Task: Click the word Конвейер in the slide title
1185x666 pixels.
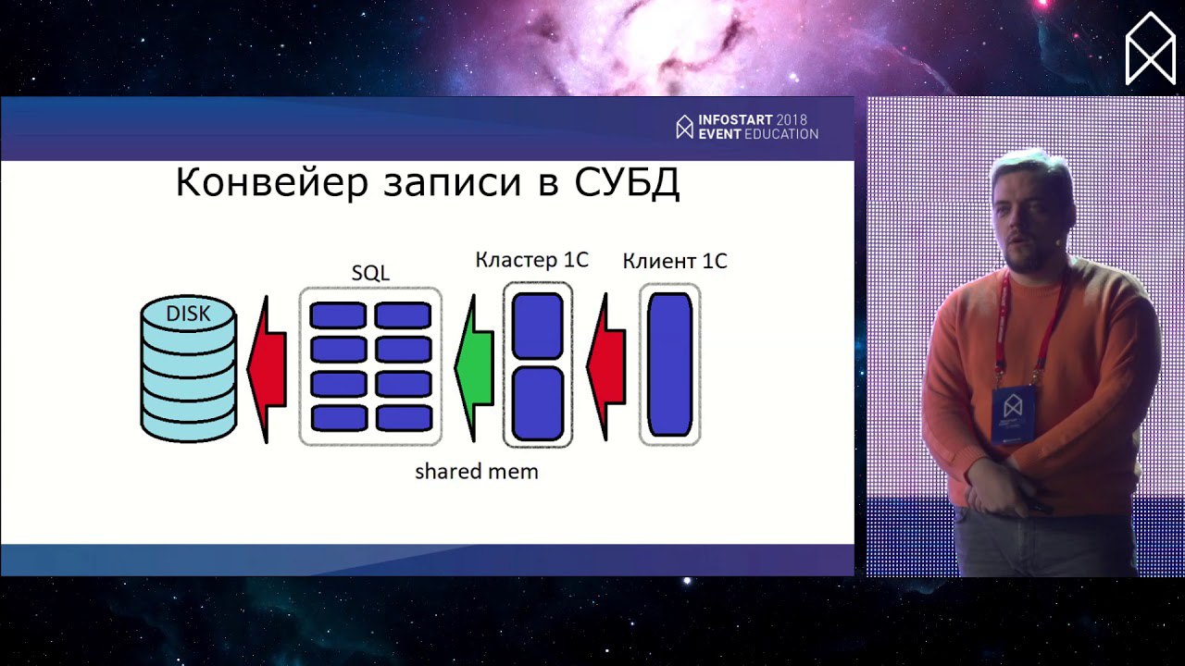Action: [x=272, y=182]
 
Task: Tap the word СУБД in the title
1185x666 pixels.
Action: [x=628, y=183]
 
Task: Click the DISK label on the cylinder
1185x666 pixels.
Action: [x=188, y=314]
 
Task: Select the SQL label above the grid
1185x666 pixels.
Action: [x=370, y=273]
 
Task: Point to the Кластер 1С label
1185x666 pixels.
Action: [x=531, y=260]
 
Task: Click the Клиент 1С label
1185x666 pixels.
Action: [x=675, y=261]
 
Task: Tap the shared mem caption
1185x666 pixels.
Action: [x=476, y=471]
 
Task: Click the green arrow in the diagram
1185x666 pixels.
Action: [x=474, y=368]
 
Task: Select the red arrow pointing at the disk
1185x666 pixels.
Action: [x=268, y=369]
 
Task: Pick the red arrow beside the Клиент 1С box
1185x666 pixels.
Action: [x=606, y=366]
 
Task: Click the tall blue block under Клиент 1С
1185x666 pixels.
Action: [x=669, y=364]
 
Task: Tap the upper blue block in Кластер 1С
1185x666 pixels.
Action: [x=538, y=327]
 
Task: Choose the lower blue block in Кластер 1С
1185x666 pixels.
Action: [x=538, y=403]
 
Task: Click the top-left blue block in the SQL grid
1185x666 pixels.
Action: [x=338, y=315]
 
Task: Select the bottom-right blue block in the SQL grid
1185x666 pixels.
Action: [x=405, y=418]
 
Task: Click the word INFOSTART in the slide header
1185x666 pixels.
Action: [x=735, y=120]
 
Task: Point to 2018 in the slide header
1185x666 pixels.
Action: [x=792, y=120]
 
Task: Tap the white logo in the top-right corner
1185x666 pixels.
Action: [x=1150, y=49]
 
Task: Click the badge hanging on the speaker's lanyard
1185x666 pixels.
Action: [x=1013, y=413]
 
